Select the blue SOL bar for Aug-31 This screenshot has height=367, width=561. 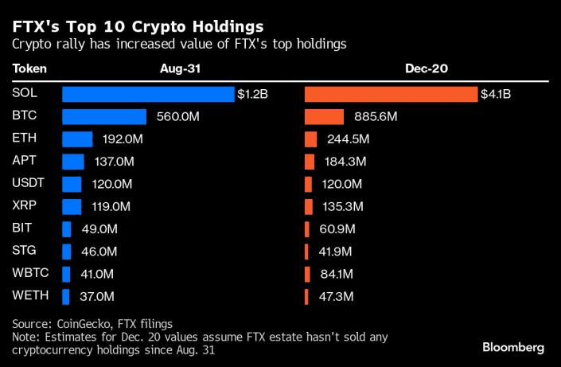click(148, 94)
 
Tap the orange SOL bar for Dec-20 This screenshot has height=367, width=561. click(391, 94)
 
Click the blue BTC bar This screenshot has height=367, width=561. click(104, 117)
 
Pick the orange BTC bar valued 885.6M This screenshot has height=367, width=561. click(325, 117)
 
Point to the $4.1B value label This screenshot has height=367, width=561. click(496, 94)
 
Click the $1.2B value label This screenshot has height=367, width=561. click(252, 94)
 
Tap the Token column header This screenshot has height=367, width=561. click(30, 69)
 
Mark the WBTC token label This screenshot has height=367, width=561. click(29, 273)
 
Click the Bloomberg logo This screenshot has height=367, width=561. click(513, 347)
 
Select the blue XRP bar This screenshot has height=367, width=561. click(72, 206)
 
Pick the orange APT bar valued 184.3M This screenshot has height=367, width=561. click(310, 162)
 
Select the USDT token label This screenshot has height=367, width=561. click(29, 183)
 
